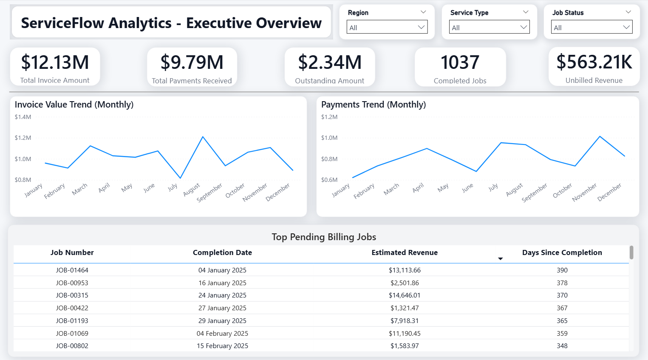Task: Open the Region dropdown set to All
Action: point(387,27)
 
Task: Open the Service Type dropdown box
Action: point(489,27)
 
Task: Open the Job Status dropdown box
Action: point(591,27)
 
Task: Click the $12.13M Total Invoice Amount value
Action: point(55,62)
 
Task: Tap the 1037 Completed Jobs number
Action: point(460,62)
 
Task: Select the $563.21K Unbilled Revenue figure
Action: point(594,62)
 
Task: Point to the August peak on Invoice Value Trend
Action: point(203,136)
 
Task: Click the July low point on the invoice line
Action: point(180,178)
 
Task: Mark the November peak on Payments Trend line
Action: point(600,136)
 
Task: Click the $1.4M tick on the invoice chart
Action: point(23,117)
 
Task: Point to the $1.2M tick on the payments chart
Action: point(329,117)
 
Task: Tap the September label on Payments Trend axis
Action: point(535,193)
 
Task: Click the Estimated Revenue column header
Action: point(405,252)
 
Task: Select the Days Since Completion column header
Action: point(562,252)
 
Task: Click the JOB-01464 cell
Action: point(72,270)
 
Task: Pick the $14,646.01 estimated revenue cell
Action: point(405,295)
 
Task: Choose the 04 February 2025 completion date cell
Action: point(222,333)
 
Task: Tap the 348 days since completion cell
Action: point(562,346)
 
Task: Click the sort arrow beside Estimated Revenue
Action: point(501,259)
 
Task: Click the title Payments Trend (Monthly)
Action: point(374,105)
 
